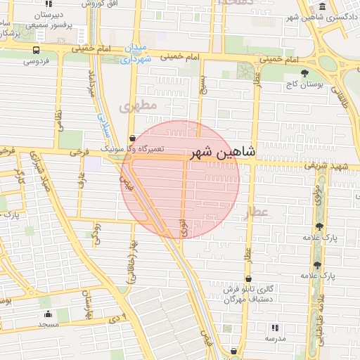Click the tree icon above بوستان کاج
(304, 72)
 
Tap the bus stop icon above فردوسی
(37, 50)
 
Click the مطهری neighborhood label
(136, 106)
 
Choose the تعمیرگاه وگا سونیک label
(132, 150)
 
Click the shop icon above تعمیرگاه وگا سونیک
(132, 138)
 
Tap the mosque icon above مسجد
(48, 314)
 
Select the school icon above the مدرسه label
(274, 327)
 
